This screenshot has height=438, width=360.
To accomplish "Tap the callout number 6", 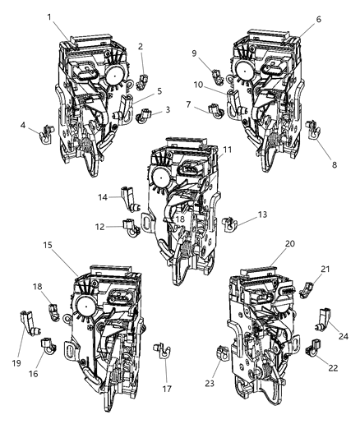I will point(318,18).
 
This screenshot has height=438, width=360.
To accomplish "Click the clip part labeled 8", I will point(314,129).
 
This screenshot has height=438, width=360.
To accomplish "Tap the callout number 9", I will point(216,53).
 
